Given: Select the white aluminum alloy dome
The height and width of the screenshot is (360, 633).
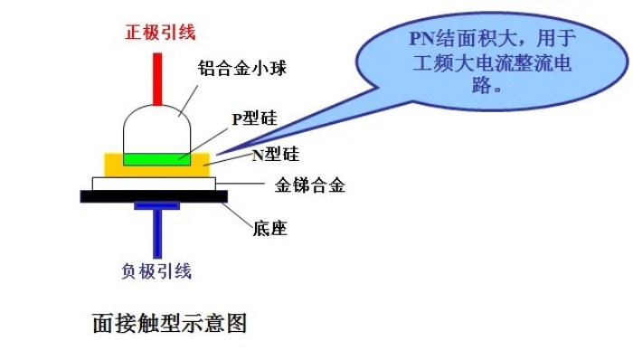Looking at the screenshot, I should pos(157,132).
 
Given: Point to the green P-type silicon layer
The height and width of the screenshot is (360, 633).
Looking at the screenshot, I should pos(158,159).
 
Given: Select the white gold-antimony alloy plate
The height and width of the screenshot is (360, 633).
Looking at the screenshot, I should pos(154,184).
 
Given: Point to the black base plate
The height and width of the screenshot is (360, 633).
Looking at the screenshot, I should pos(154,195).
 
